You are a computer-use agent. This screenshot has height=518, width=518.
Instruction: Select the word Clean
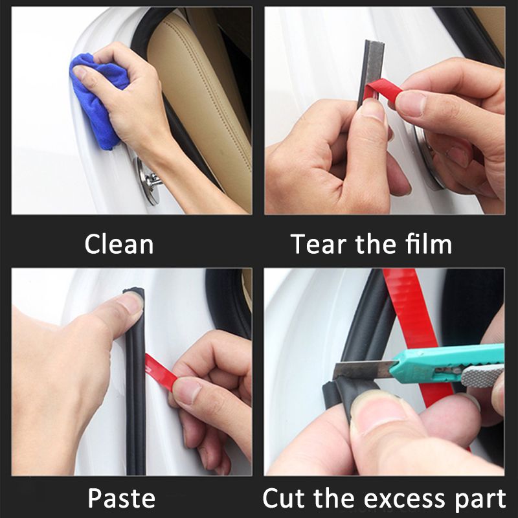(x=119, y=245)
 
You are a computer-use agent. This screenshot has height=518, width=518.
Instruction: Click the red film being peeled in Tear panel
(x=382, y=91)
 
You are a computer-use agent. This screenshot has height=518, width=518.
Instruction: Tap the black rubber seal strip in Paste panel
(x=135, y=401)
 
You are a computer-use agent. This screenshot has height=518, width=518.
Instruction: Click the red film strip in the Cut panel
(x=414, y=311)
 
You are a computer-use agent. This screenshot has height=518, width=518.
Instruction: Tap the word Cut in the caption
(x=287, y=499)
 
